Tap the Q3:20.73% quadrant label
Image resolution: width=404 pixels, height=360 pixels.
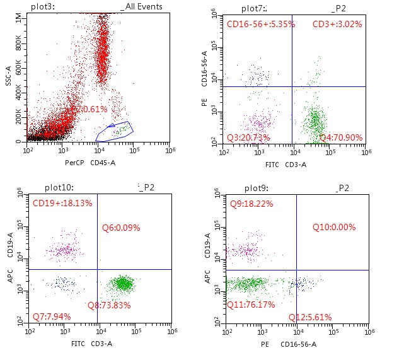249,137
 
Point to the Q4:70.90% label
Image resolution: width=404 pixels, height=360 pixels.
341,137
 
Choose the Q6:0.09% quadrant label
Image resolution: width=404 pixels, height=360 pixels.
121,228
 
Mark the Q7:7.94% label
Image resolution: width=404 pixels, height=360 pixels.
52,316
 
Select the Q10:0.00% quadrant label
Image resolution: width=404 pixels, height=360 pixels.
334,227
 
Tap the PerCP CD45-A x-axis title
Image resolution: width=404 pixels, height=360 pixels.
90,163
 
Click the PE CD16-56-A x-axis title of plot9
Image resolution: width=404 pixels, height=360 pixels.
289,344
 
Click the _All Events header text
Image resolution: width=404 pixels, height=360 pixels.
141,7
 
